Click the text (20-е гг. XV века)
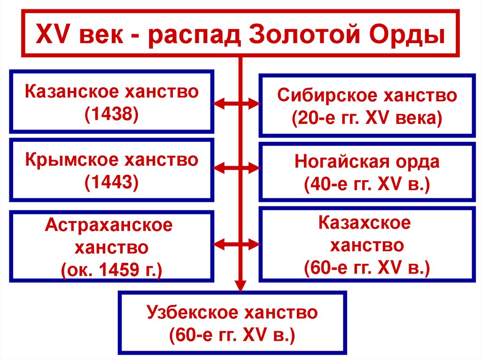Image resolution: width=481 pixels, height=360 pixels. point(366,119)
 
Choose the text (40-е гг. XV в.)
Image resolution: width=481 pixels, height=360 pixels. point(367,185)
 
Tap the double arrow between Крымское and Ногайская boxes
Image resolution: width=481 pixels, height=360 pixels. point(237,168)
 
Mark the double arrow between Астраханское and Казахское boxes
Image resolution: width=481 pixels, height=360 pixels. point(237,244)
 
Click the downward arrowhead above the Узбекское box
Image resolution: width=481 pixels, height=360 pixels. point(240,285)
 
